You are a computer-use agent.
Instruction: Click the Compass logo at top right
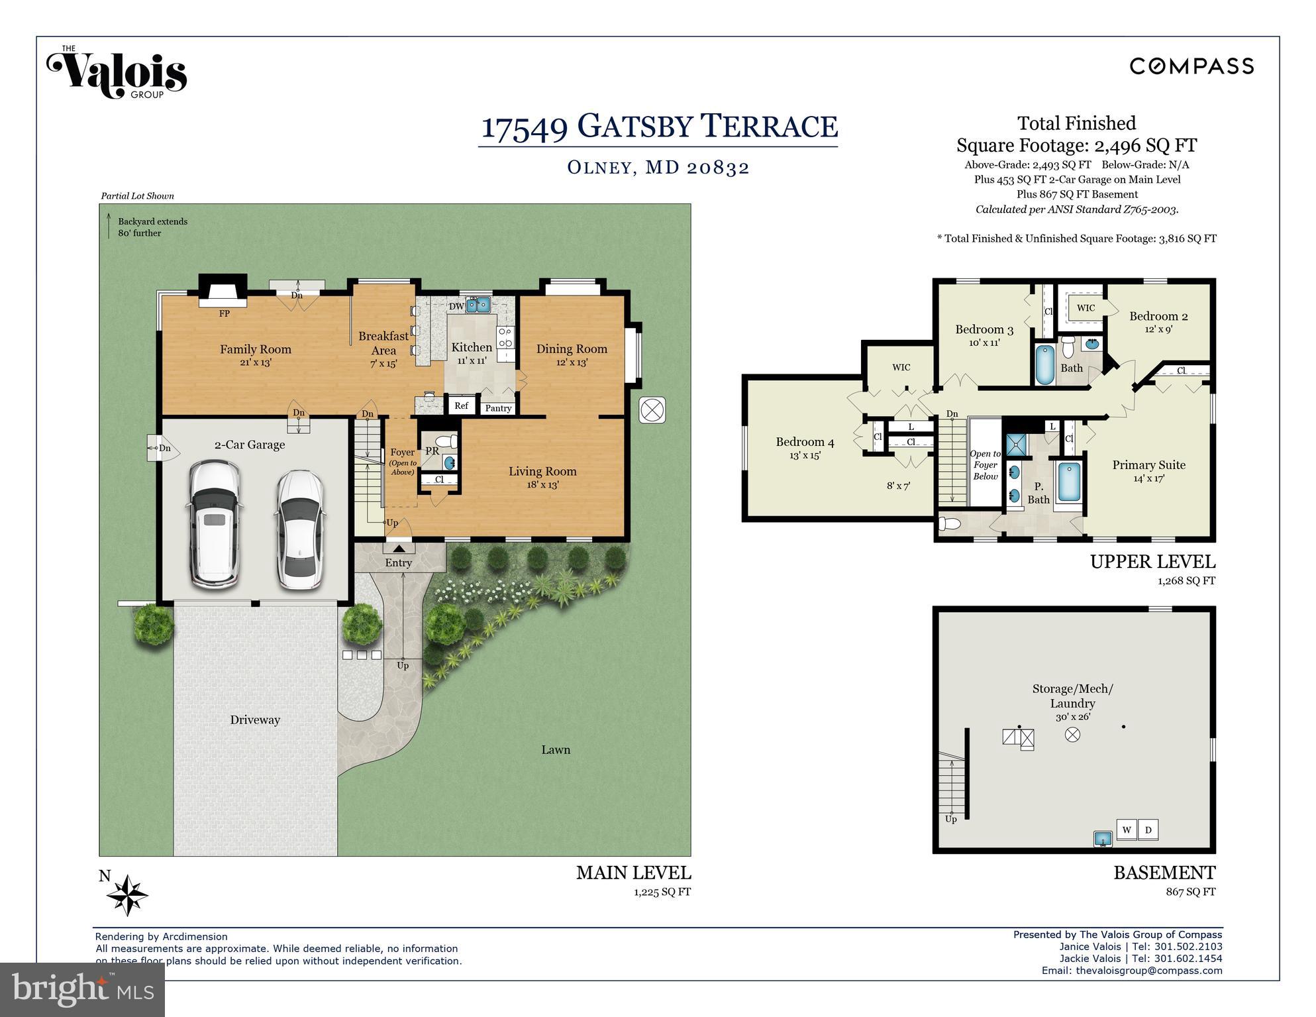(1191, 66)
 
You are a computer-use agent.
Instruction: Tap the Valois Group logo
(117, 72)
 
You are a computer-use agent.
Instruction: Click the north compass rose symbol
(127, 896)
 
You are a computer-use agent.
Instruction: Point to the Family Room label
(256, 349)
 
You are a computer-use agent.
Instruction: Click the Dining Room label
(572, 349)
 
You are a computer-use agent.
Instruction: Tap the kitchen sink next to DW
(478, 305)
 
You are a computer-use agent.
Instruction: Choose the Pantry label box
(498, 408)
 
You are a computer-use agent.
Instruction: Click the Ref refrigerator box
(462, 405)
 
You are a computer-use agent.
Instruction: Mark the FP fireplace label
(225, 313)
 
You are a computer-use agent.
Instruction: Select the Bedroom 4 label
(805, 442)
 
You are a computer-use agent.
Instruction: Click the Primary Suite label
(1149, 465)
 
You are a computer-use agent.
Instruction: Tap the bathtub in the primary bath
(1068, 482)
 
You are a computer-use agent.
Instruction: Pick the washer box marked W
(1127, 830)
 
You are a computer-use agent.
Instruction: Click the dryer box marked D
(1148, 830)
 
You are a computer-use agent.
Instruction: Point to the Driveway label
(255, 720)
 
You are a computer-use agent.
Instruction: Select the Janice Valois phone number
(1188, 947)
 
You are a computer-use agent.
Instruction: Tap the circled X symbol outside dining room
(652, 410)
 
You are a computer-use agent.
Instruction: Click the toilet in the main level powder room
(447, 441)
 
